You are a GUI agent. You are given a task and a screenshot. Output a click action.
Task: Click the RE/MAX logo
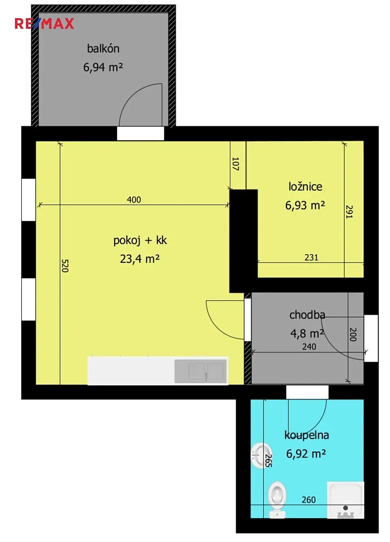pos(44,23)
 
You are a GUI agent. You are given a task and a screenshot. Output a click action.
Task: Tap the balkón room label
pos(103,49)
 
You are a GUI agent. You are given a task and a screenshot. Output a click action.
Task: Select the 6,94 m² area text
pos(103,67)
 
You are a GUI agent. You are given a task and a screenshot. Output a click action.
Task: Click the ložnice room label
pos(305,187)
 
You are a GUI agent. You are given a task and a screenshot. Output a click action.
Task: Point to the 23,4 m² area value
pos(140,259)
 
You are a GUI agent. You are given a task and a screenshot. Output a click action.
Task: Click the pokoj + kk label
pos(140,240)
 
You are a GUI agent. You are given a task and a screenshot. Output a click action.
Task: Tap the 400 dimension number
pos(134,200)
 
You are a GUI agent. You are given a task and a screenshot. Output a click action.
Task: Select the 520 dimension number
pos(65,266)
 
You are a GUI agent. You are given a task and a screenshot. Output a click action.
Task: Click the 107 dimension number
pos(236,164)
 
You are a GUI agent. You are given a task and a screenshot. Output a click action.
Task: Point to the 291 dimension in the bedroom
pos(349,212)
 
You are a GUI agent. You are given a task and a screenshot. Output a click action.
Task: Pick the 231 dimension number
pos(311,257)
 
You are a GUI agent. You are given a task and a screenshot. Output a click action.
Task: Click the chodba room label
pos(307,315)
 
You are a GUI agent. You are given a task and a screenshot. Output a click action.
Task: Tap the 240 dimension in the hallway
pos(309,347)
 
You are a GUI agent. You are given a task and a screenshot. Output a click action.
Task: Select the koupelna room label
pos(307,435)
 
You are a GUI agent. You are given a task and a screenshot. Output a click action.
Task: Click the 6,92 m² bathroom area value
pos(306,453)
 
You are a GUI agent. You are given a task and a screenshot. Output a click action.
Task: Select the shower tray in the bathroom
pos(345,500)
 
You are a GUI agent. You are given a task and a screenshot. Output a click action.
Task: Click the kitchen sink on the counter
pos(200,371)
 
